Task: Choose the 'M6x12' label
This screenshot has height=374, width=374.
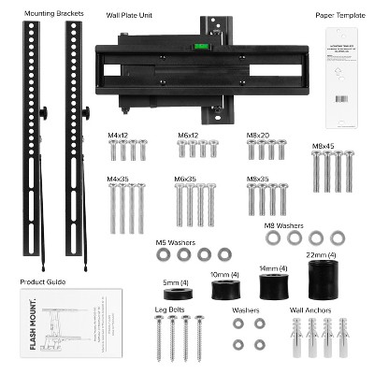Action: [x=191, y=136]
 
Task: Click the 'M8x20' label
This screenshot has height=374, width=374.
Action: [x=259, y=136]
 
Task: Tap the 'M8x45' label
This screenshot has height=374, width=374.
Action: [x=325, y=146]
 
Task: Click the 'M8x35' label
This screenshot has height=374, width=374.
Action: [x=259, y=178]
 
